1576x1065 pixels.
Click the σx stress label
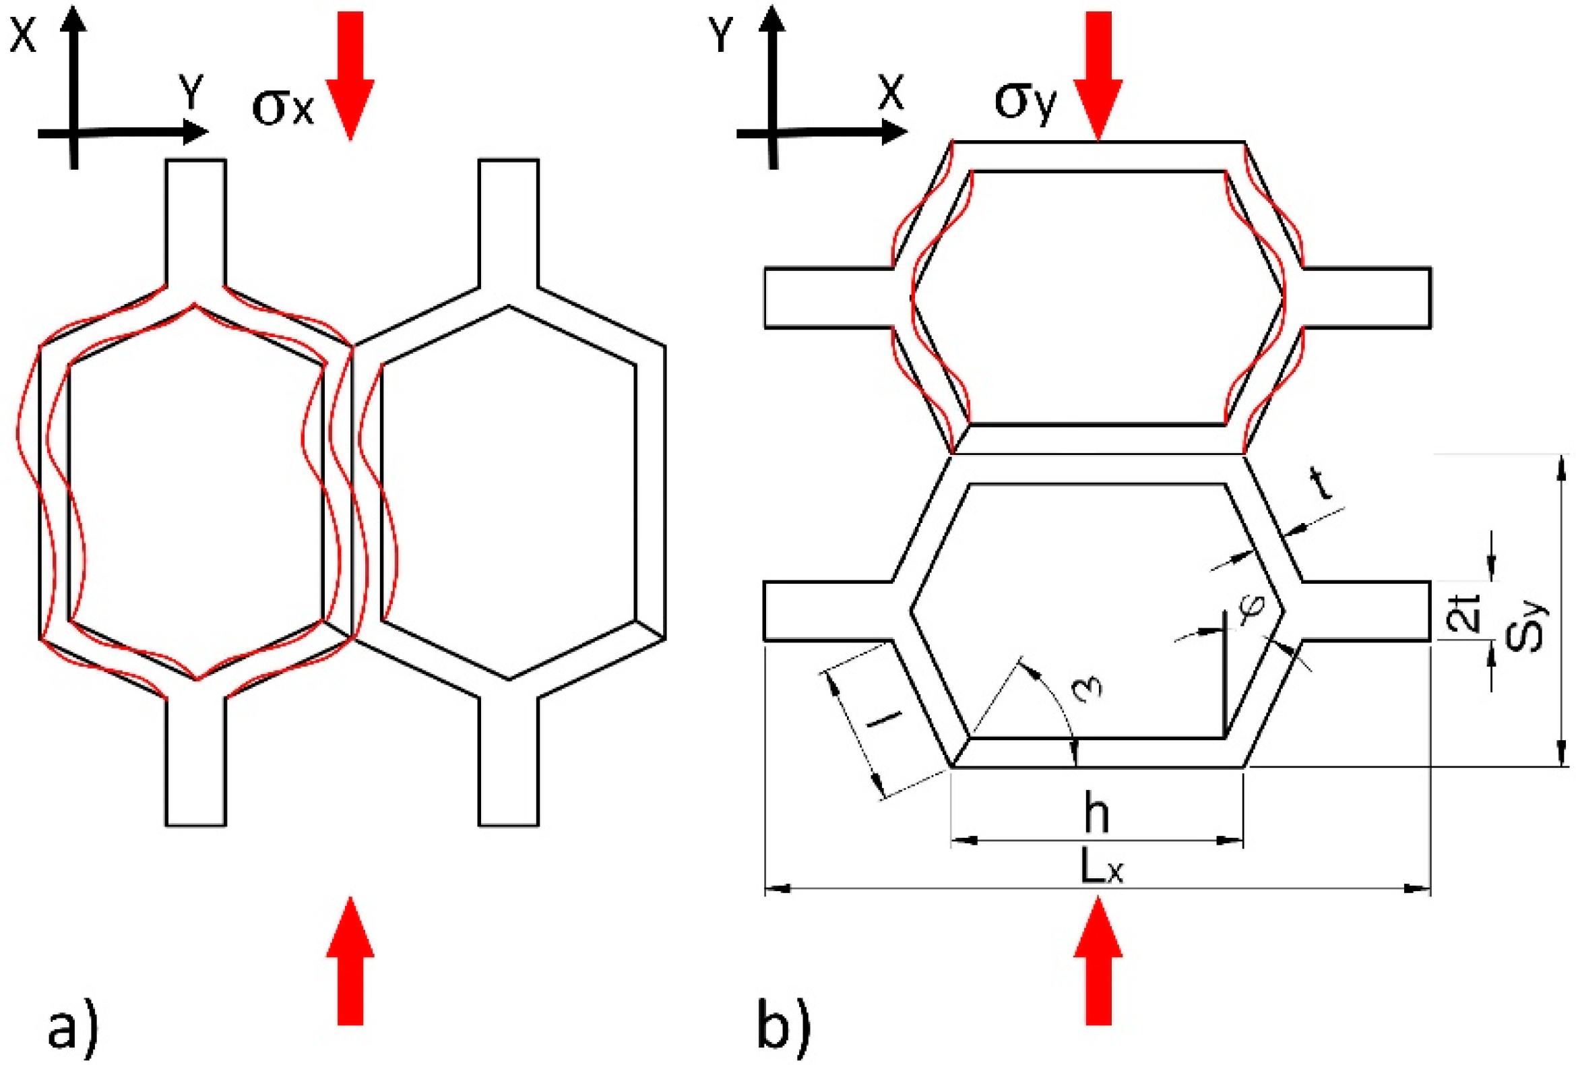283,107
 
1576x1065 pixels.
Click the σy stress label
1026,102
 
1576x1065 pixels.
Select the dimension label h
1096,815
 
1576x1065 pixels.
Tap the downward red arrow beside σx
350,75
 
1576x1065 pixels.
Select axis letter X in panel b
891,92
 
